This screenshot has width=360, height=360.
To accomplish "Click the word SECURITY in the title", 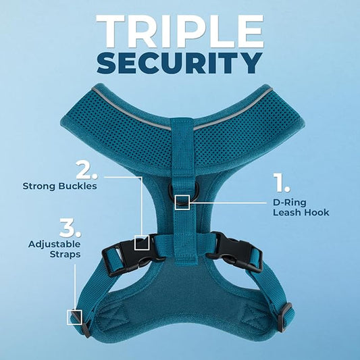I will tap(179, 63).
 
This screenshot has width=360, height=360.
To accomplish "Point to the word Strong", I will tap(38, 185).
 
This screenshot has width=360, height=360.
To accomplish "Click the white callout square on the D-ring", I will tap(182, 202).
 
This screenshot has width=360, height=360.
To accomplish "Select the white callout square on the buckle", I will tap(142, 242).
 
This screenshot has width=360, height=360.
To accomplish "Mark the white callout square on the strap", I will tap(74, 316).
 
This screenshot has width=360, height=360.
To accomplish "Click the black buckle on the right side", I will tap(234, 252).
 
